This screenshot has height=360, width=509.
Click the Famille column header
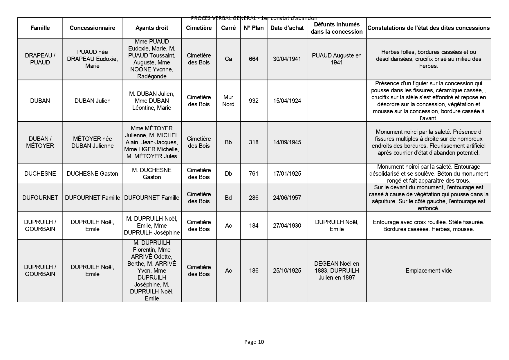click(40, 28)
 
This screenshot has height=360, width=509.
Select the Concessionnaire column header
click(92, 28)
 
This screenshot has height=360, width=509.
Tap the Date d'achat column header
click(287, 28)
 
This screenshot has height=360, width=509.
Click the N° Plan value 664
click(254, 59)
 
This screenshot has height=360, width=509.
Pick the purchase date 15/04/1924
click(287, 101)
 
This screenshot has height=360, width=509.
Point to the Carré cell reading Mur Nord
click(228, 101)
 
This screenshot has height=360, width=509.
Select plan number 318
click(254, 142)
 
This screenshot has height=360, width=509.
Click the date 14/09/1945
click(287, 142)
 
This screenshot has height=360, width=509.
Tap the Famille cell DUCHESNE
click(40, 174)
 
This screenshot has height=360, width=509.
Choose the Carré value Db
click(228, 174)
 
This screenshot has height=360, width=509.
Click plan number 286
click(254, 198)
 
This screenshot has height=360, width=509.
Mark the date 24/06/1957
click(287, 198)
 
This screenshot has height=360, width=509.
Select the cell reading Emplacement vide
click(429, 271)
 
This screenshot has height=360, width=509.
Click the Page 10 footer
click(254, 342)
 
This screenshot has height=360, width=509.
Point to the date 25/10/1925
click(287, 271)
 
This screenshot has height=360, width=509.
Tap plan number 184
click(254, 226)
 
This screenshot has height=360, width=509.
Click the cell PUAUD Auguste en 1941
click(337, 59)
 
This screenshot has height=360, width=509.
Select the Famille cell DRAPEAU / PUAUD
click(40, 59)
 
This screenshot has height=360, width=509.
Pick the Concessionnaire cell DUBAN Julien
click(92, 101)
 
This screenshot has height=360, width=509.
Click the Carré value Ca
click(228, 59)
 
